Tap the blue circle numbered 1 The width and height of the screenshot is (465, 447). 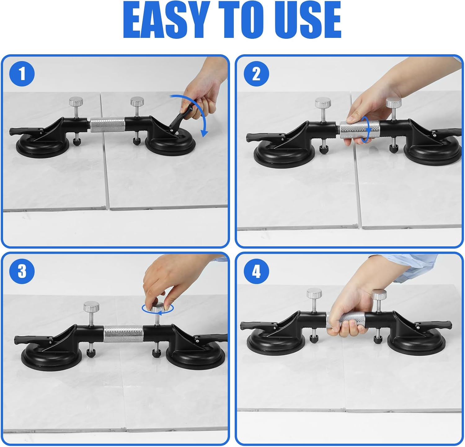point(22,74)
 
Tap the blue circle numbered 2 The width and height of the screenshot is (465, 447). point(256,74)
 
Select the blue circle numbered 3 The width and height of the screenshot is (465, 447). point(22,271)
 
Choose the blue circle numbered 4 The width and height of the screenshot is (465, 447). point(256,271)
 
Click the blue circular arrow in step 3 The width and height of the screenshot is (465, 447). point(157,309)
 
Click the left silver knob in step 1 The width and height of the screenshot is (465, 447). point(76,101)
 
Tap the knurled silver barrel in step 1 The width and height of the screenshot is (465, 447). point(108,125)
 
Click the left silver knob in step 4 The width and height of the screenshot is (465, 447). point(314,293)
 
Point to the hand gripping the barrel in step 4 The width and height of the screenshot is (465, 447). point(349,313)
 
